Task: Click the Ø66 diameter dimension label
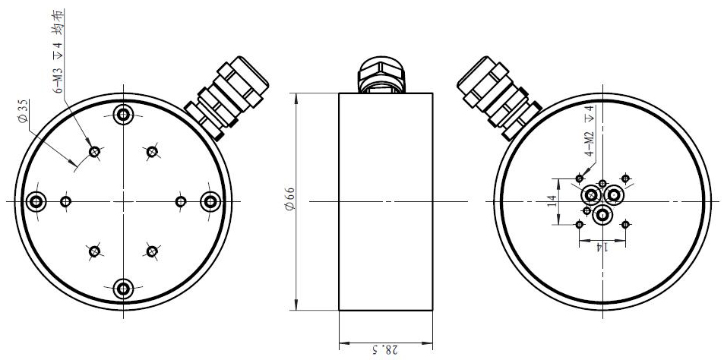tap(289, 201)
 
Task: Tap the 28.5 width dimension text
tap(385, 349)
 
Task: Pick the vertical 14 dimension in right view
tap(552, 201)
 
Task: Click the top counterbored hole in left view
tap(123, 114)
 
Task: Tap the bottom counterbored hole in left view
tap(123, 289)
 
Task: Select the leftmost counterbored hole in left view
tap(36, 202)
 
